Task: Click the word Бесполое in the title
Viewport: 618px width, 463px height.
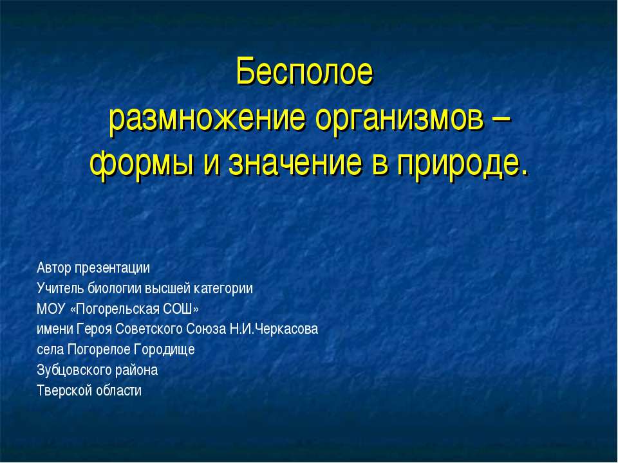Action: (x=304, y=72)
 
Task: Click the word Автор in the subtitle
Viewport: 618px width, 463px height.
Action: (x=53, y=267)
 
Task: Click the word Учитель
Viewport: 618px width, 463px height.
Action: (x=59, y=287)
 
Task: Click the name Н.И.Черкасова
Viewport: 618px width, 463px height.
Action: (x=274, y=329)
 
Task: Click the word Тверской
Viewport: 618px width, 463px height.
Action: (x=62, y=390)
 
